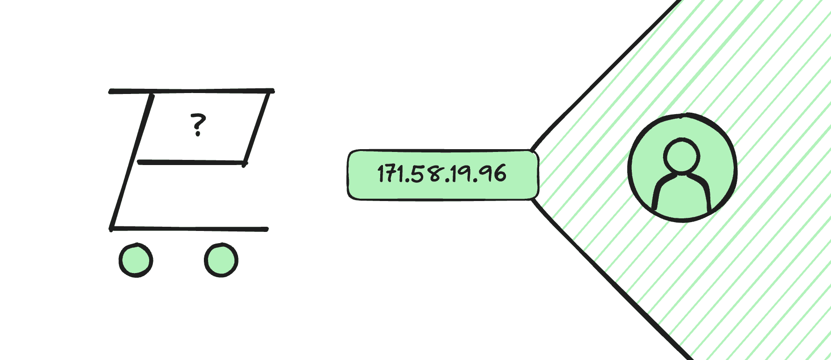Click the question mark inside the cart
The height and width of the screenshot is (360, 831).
click(198, 124)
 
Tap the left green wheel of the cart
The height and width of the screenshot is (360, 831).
click(136, 260)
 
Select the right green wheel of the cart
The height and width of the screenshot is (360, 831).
click(221, 260)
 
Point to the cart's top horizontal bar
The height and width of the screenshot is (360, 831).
click(191, 91)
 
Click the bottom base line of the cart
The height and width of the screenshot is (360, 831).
click(189, 229)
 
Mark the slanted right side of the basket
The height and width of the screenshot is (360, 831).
click(257, 129)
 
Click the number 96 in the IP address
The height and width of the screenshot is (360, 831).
click(493, 174)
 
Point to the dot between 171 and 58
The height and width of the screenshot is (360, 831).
click(407, 181)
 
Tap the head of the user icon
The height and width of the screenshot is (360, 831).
click(682, 156)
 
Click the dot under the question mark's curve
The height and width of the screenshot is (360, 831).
click(198, 134)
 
